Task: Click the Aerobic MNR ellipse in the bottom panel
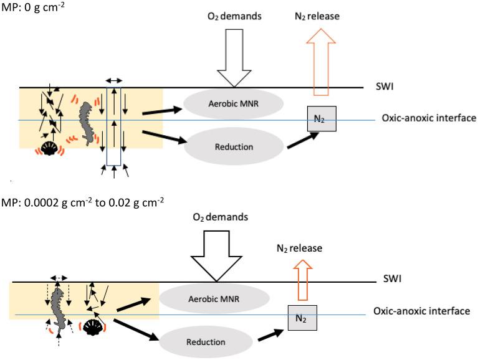[x=214, y=298]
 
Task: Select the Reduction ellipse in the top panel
[x=234, y=147]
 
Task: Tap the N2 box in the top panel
[x=318, y=118]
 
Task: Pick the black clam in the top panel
[x=49, y=148]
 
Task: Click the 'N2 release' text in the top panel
[x=317, y=16]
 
